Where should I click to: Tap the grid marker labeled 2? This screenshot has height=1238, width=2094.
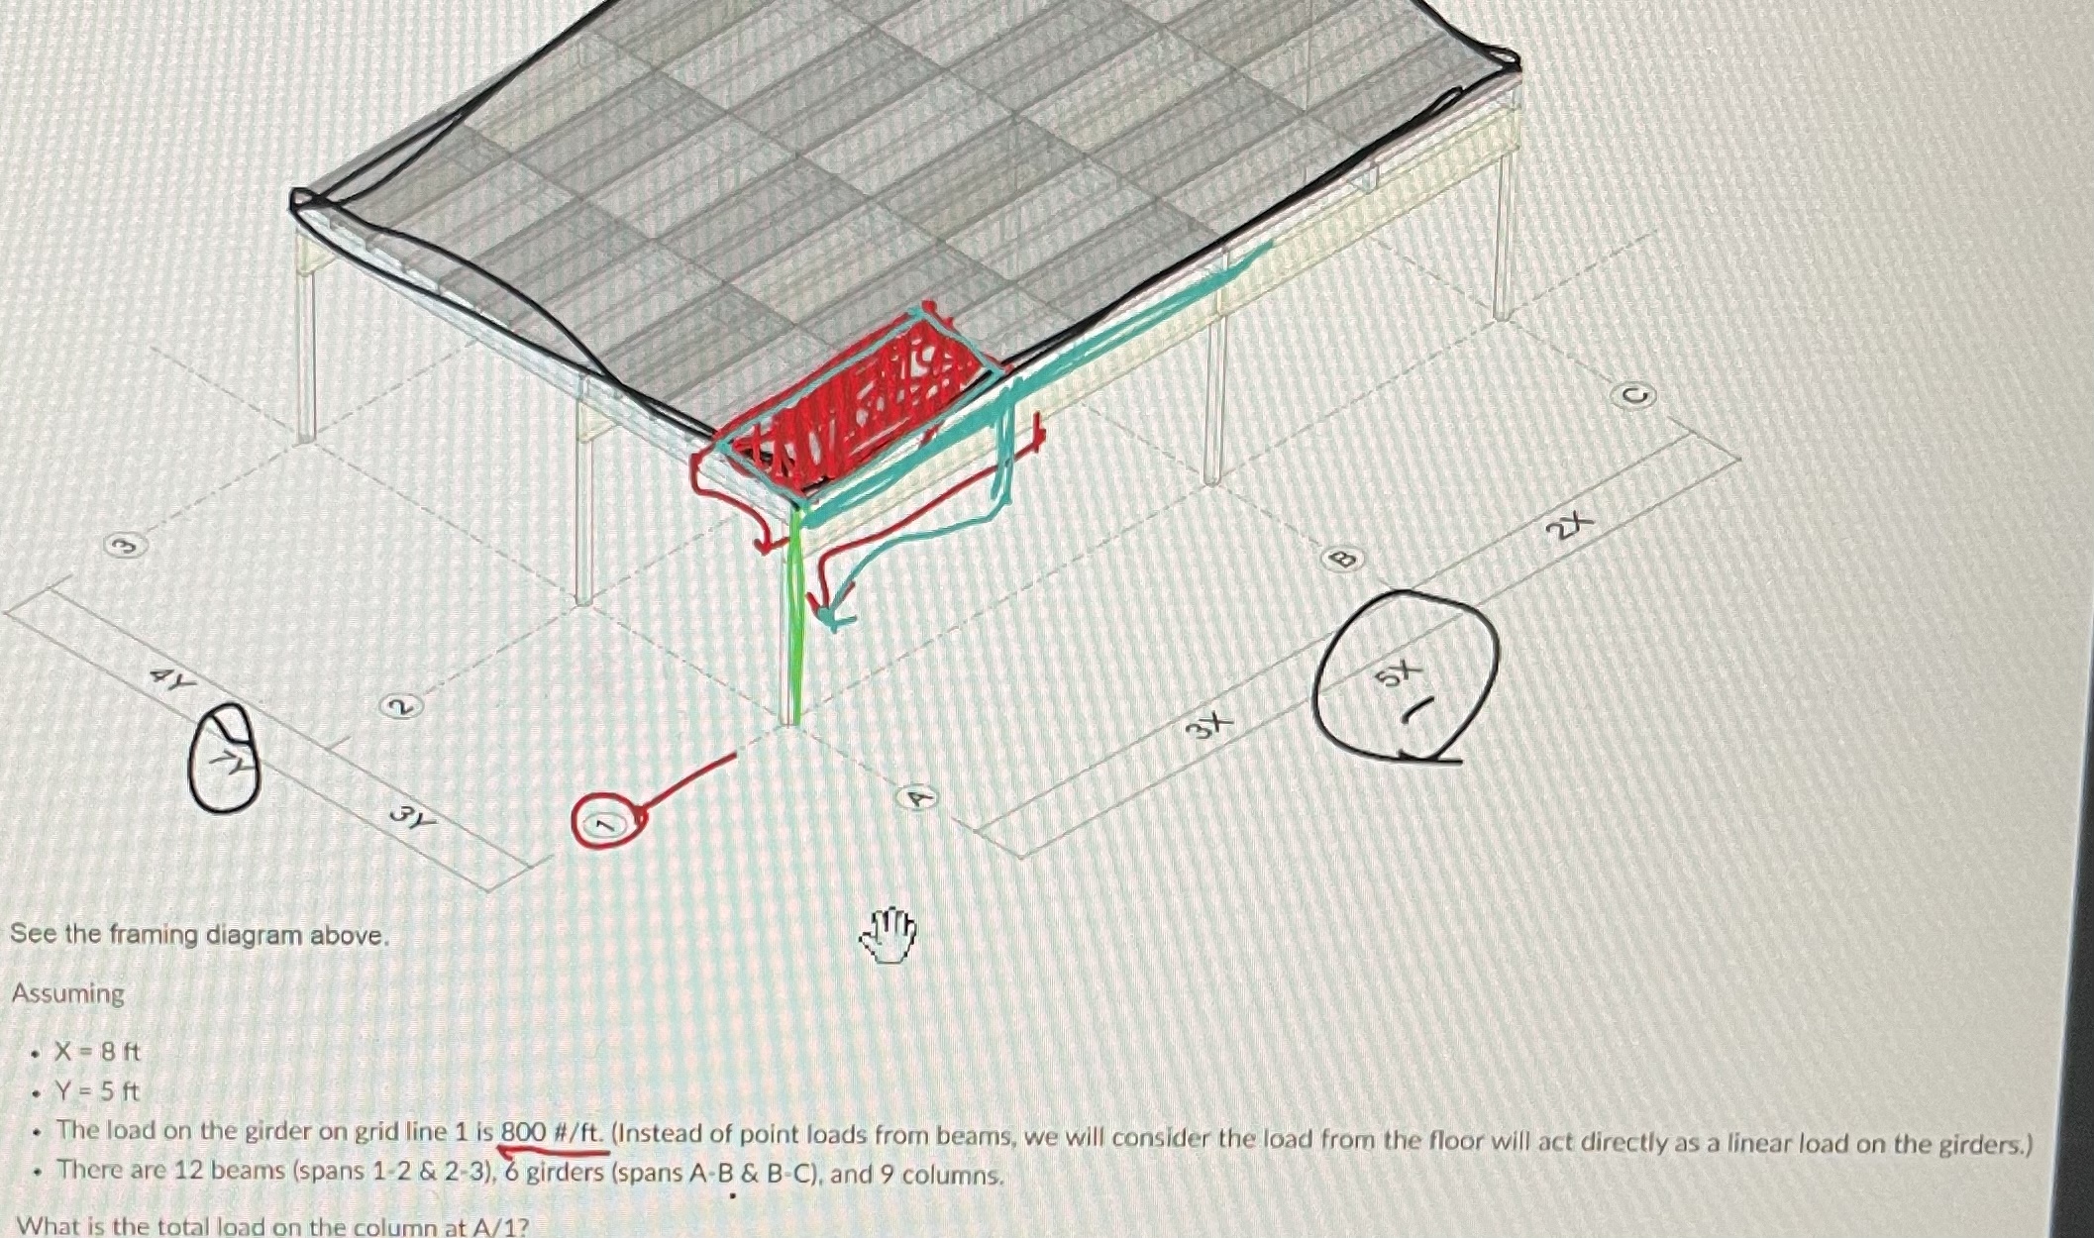[x=401, y=706]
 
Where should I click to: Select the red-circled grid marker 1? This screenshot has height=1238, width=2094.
[x=606, y=821]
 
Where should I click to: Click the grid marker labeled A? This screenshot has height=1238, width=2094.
[x=918, y=797]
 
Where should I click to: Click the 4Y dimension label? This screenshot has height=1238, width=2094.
[x=170, y=679]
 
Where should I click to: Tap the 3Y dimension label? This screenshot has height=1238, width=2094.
[x=412, y=818]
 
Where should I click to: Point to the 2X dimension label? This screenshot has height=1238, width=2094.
[x=1571, y=525]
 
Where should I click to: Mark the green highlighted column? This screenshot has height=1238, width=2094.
[x=792, y=614]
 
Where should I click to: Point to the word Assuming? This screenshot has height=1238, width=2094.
[x=68, y=993]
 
